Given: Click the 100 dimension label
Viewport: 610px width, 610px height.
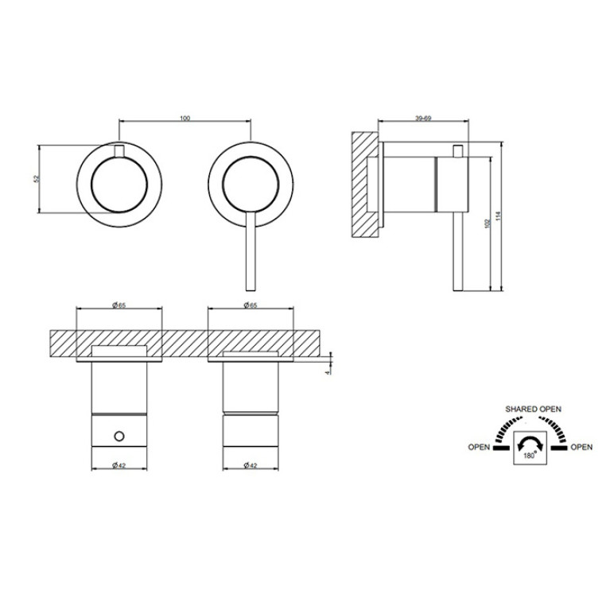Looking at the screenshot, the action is pos(185,119).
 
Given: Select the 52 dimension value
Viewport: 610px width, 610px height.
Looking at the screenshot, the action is pos(37,179).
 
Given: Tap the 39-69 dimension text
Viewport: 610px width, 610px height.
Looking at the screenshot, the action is pos(423,119).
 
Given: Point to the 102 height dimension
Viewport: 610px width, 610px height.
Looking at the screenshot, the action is pos(488,223).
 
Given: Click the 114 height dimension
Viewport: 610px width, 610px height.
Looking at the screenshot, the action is pos(499,216).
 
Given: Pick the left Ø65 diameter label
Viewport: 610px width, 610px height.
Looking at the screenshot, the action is pos(119,305).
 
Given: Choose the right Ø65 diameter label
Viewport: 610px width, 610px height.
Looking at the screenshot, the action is pos(251,305).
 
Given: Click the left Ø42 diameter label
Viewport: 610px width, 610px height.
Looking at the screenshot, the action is pos(119,465).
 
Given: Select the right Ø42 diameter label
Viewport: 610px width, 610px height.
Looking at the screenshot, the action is pos(251,465).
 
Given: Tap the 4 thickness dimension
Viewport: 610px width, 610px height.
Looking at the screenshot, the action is pos(328,372).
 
